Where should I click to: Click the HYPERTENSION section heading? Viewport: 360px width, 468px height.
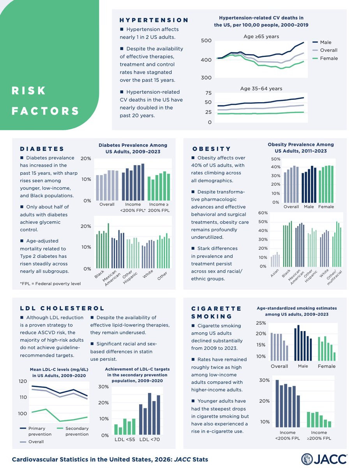(154, 20)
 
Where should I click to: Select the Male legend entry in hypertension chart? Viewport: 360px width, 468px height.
(325, 42)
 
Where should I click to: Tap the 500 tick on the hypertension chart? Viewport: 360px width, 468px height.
(206, 41)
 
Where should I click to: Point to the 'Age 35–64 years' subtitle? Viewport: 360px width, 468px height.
(261, 89)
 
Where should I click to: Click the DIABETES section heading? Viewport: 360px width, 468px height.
(42, 149)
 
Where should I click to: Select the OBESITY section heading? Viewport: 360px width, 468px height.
(212, 149)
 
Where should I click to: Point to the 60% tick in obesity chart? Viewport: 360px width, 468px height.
(263, 213)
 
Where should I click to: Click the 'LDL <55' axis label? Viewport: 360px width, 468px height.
(125, 440)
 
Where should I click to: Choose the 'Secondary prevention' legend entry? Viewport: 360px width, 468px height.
(77, 431)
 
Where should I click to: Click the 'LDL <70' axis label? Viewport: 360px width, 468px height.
(150, 440)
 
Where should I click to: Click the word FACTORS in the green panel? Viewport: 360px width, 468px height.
(45, 111)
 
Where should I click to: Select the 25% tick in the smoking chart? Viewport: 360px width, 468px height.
(261, 323)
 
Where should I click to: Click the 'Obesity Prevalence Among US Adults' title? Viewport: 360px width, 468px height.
(301, 147)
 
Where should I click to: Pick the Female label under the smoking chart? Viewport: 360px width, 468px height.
(326, 366)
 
